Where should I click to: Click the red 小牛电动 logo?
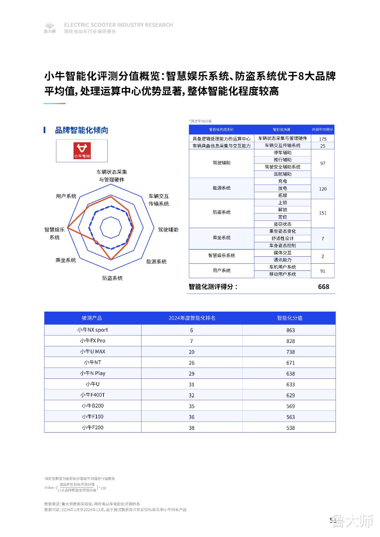(82, 151)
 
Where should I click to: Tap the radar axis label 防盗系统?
(113, 278)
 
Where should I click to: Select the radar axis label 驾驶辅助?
(168, 230)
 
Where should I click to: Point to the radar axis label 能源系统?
(157, 262)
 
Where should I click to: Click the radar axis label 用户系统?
(66, 196)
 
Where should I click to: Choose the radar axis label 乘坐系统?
(66, 260)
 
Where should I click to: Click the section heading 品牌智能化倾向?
(81, 130)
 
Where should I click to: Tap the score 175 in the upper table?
(323, 139)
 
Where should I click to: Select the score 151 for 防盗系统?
(323, 213)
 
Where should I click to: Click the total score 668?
(323, 287)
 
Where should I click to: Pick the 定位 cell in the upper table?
(283, 217)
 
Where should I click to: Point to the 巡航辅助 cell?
(283, 174)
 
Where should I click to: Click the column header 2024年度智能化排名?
(192, 318)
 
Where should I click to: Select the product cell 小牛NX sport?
(93, 330)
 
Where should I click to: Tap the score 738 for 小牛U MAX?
(291, 352)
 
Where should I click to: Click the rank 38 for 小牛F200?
(191, 428)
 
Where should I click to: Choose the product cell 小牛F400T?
(93, 395)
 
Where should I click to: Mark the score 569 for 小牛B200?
(291, 406)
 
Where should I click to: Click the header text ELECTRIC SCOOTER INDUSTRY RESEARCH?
(119, 25)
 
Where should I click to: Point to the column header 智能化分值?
(290, 318)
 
